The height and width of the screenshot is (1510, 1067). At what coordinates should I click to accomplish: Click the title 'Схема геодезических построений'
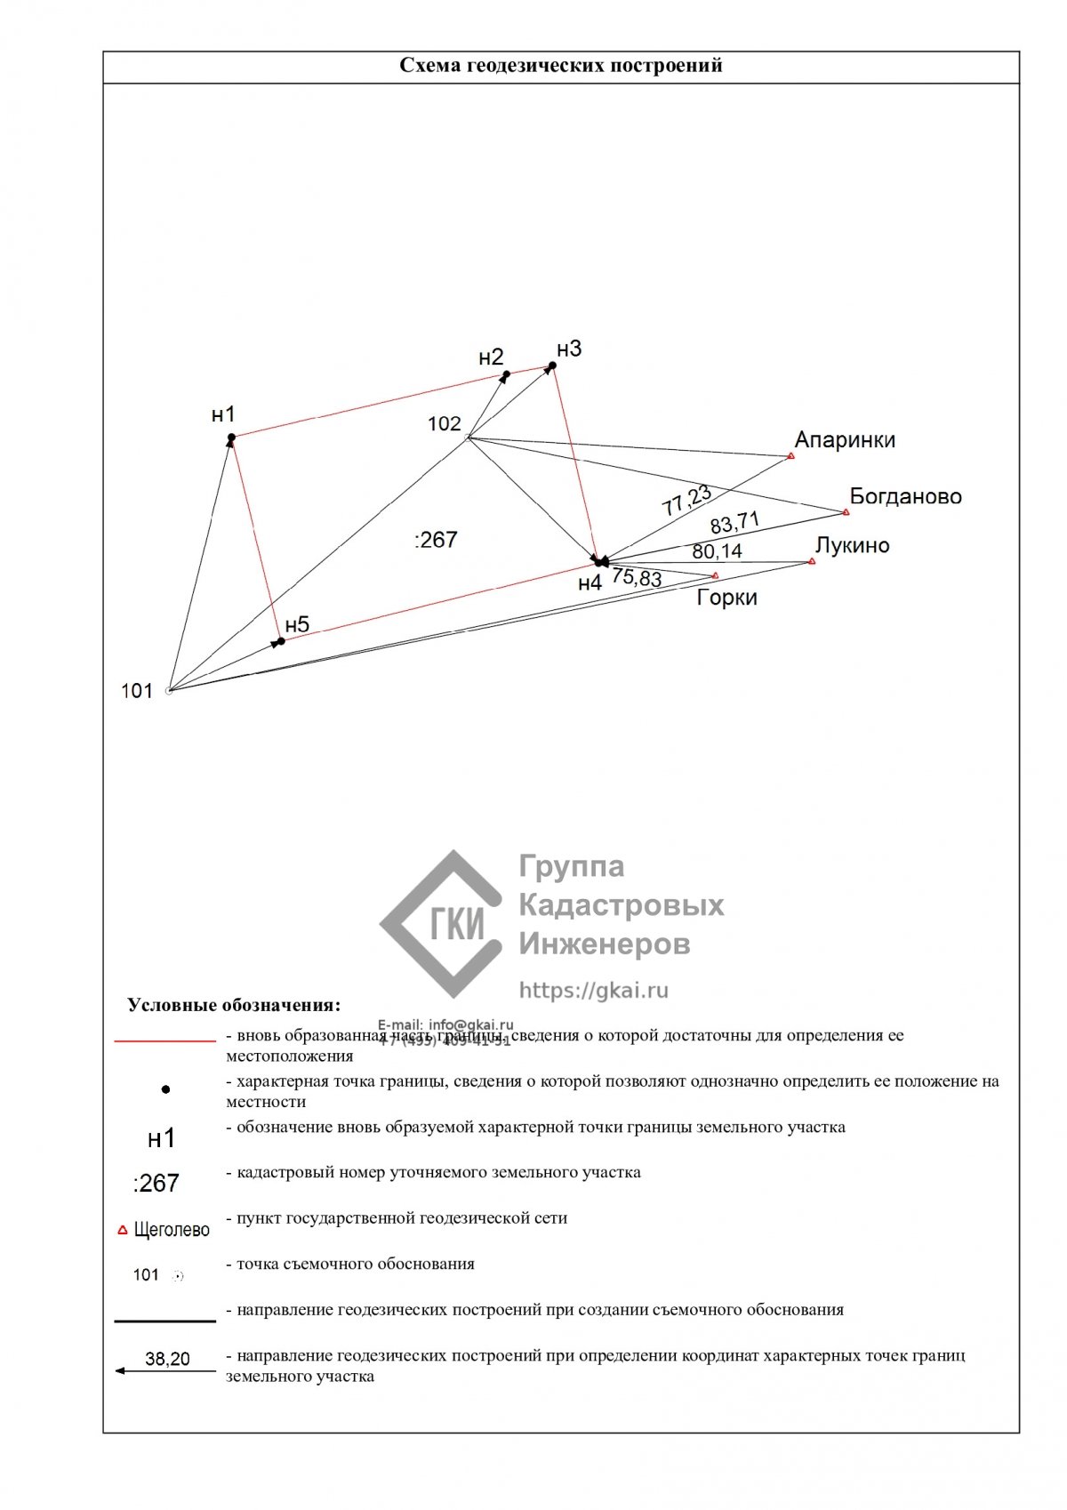click(x=560, y=66)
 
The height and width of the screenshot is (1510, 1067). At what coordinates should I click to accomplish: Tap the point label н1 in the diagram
click(x=223, y=414)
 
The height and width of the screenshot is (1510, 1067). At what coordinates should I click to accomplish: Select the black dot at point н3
click(x=552, y=365)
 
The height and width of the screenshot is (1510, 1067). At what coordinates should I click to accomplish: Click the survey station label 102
click(x=445, y=423)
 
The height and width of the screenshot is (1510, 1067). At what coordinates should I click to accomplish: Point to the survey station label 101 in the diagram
click(x=137, y=691)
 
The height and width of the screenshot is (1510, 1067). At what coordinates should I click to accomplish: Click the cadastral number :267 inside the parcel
click(x=436, y=540)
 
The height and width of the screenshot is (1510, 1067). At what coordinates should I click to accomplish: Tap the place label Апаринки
click(x=845, y=440)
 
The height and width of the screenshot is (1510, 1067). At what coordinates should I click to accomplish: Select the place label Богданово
click(x=905, y=496)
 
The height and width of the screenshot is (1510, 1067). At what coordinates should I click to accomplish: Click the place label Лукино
click(x=852, y=545)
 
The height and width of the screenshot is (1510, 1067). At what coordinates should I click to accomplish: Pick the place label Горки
click(x=726, y=598)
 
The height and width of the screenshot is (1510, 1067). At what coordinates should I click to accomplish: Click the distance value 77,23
click(x=686, y=501)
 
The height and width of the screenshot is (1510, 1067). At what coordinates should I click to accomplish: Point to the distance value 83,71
click(x=734, y=522)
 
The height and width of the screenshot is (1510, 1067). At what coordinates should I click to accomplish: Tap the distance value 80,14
click(x=717, y=551)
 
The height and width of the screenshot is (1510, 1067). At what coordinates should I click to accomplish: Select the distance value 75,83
click(x=637, y=578)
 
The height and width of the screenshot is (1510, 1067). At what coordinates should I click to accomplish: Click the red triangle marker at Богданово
click(x=846, y=512)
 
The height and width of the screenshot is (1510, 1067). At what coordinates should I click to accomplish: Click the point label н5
click(x=297, y=624)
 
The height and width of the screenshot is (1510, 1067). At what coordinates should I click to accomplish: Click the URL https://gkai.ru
click(x=593, y=991)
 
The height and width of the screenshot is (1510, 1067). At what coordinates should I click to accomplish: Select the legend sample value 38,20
click(x=167, y=1359)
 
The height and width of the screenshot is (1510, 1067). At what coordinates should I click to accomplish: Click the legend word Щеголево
click(x=172, y=1230)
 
